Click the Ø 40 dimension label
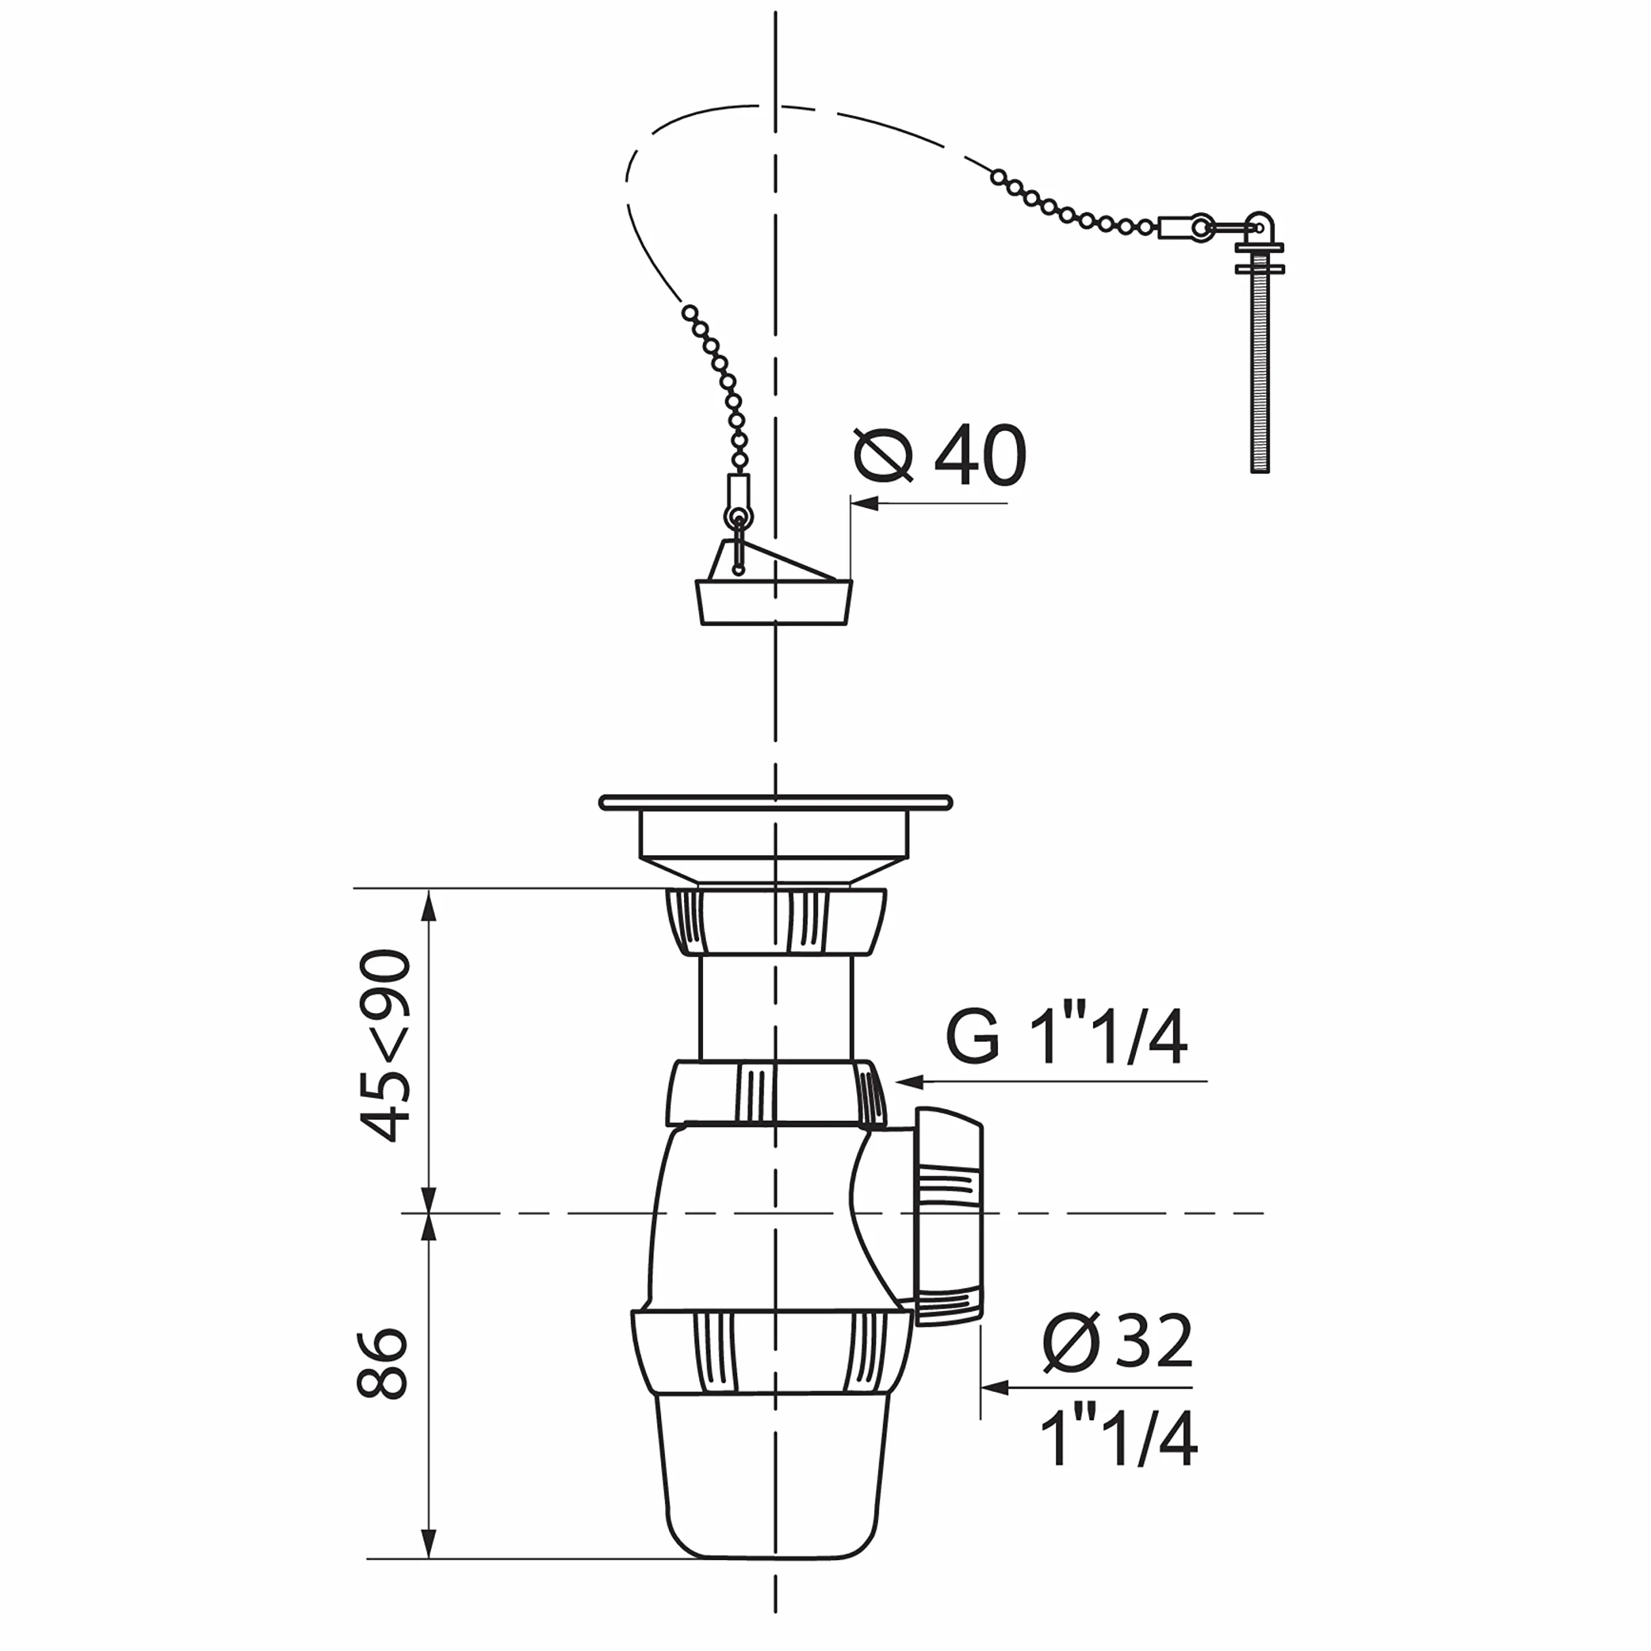pyautogui.click(x=940, y=455)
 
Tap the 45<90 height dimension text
pyautogui.click(x=385, y=1045)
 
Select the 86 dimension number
pyautogui.click(x=383, y=1364)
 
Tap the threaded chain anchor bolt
pyautogui.click(x=1260, y=343)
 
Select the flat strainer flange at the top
pyautogui.click(x=775, y=802)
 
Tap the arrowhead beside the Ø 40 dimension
pyautogui.click(x=866, y=503)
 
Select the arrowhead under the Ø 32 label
pyautogui.click(x=996, y=1388)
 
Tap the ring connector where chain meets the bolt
pyautogui.click(x=1200, y=226)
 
